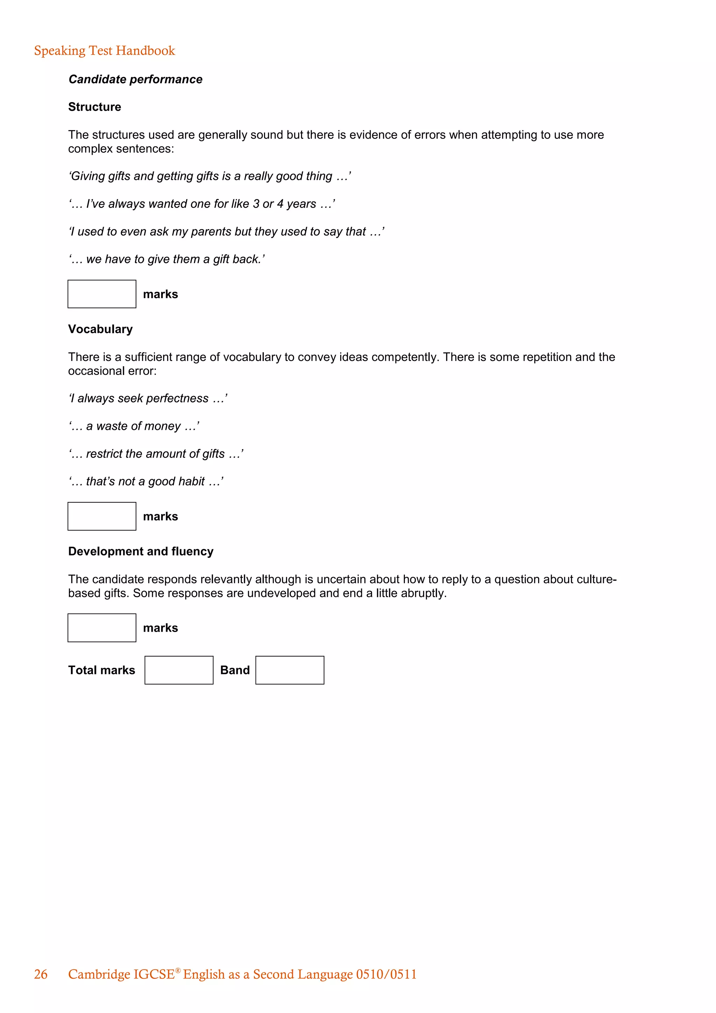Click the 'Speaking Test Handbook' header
[x=105, y=51]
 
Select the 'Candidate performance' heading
[x=135, y=79]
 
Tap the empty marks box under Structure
[x=102, y=294]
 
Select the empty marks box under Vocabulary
[x=102, y=516]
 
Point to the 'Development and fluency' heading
[x=141, y=552]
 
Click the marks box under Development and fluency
[x=102, y=628]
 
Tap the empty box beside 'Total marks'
[x=179, y=670]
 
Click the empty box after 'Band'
[x=290, y=670]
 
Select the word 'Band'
[x=235, y=670]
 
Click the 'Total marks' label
[x=101, y=670]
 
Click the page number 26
[x=41, y=974]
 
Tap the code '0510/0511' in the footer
[x=386, y=974]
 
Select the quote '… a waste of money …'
[x=134, y=426]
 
